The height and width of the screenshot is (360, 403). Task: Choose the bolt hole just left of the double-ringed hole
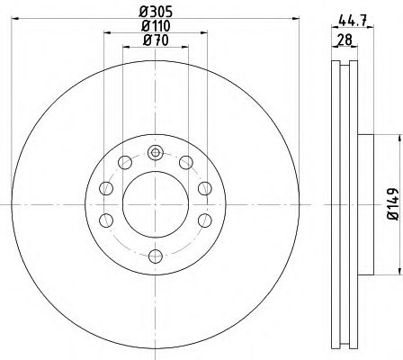tap(124, 163)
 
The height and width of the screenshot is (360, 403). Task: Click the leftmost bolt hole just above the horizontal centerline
tap(106, 188)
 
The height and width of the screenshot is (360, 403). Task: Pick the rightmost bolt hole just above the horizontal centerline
tap(203, 188)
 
